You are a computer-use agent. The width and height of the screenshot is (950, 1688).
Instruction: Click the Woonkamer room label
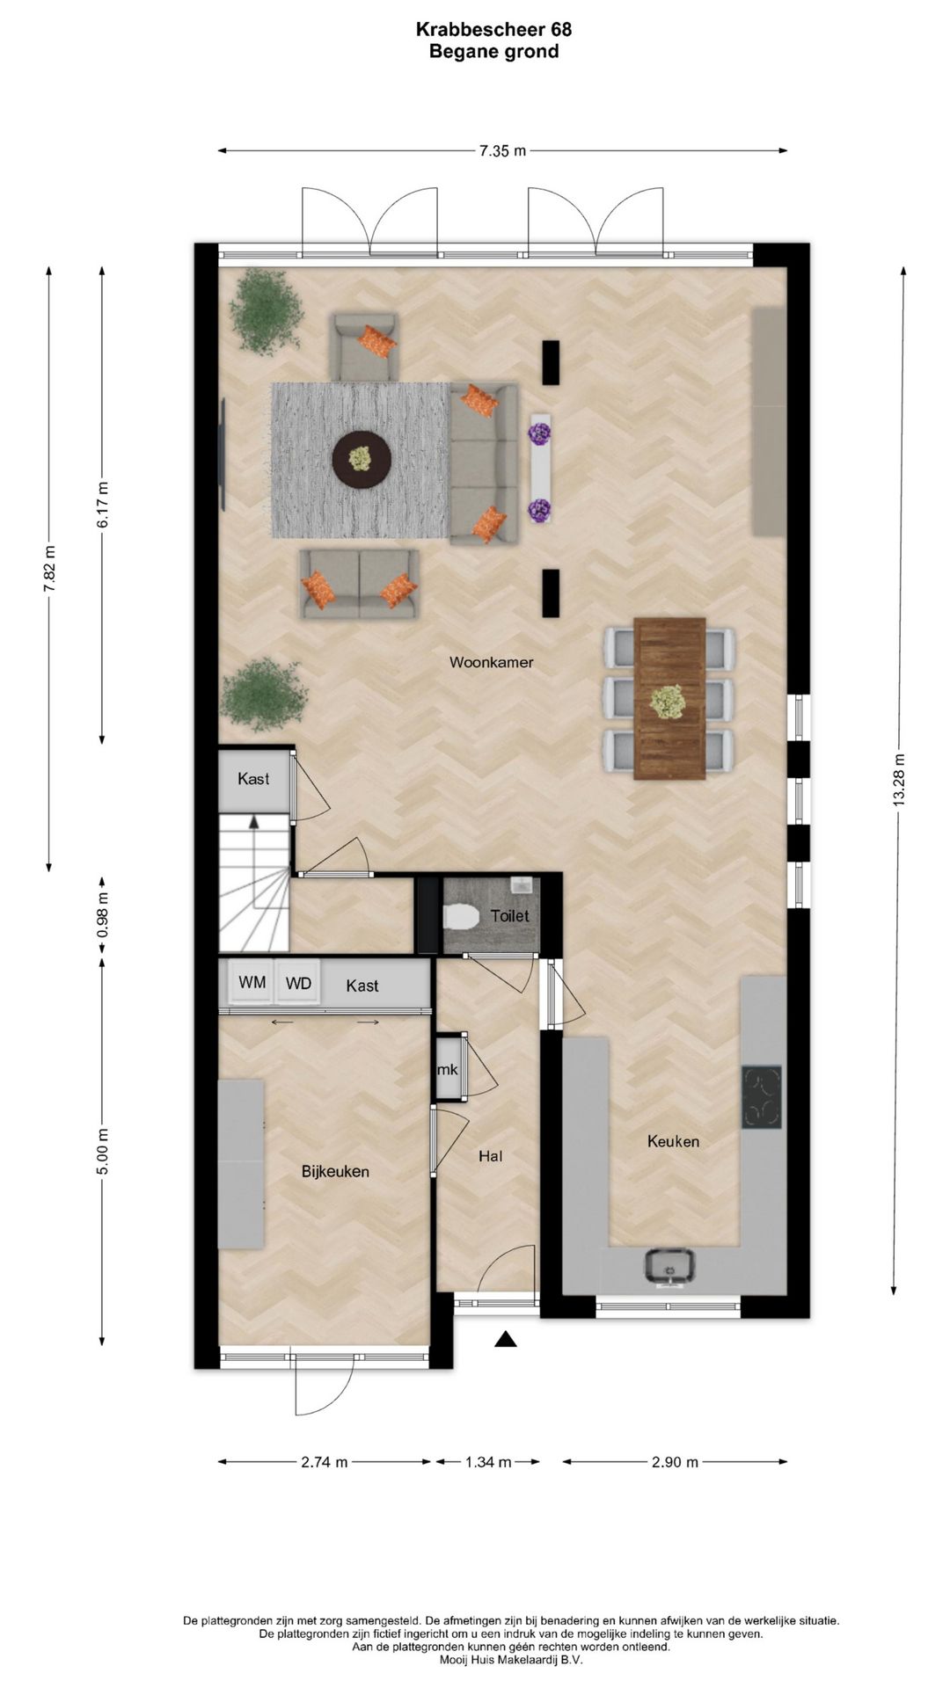pos(491,662)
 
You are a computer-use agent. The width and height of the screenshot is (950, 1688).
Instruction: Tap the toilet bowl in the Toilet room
pos(460,917)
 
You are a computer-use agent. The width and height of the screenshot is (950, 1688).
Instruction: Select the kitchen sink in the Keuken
pos(671,1267)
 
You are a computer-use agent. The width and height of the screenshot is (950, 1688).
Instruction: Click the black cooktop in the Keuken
pos(761,1096)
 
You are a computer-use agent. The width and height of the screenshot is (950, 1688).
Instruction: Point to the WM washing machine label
pos(252,982)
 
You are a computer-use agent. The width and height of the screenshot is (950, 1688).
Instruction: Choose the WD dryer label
pos(298,983)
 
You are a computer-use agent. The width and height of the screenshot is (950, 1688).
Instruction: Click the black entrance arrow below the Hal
pos(504,1339)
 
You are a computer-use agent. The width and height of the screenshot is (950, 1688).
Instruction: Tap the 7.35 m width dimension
pos(502,150)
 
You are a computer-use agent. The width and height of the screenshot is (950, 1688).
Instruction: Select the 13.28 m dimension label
pos(898,780)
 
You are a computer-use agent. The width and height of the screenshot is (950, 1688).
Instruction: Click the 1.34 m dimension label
pos(488,1462)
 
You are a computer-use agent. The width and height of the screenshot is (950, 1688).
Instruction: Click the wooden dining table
pos(669,698)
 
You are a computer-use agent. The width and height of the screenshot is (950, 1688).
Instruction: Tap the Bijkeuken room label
pos(335,1171)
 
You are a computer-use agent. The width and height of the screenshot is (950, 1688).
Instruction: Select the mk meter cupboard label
pos(448,1070)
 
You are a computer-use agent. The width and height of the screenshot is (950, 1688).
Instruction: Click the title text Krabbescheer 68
pos(493,30)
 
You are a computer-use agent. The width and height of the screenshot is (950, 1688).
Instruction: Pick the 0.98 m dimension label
pos(103,914)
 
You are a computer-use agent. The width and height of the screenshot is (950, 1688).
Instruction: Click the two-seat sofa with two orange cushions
pos(358,584)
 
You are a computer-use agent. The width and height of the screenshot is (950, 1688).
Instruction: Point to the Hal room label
pos(491,1156)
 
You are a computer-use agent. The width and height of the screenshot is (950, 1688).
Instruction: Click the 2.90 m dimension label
pos(675,1462)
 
